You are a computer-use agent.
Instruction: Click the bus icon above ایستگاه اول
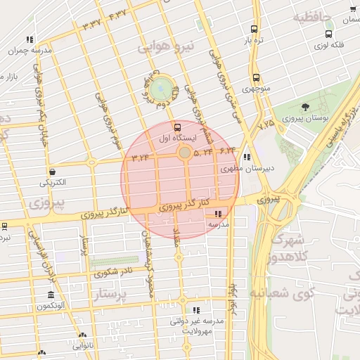(176, 127)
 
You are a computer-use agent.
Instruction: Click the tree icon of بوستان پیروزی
(304, 107)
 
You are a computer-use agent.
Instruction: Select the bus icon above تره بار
(254, 30)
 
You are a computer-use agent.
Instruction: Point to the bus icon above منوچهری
(255, 78)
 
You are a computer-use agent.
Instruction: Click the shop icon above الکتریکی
(53, 172)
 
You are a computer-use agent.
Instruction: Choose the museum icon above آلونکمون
(50, 295)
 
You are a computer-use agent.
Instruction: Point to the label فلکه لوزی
(329, 46)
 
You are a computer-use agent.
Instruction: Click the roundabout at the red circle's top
(184, 152)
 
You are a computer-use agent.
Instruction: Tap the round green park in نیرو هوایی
(161, 88)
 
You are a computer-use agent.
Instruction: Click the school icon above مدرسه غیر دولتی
(196, 309)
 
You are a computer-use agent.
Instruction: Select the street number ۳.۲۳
(141, 156)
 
